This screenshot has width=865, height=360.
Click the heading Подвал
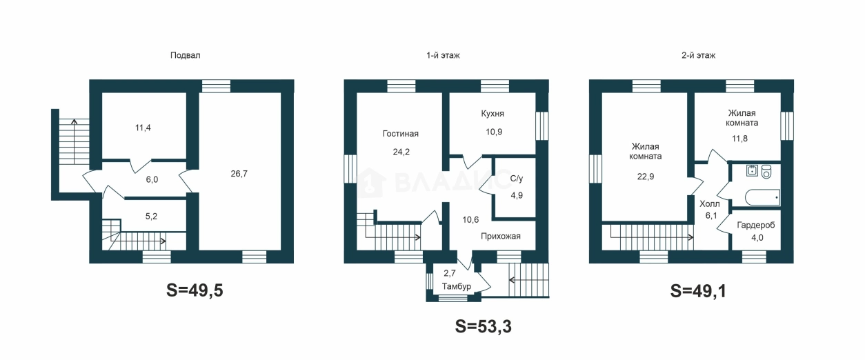pyautogui.click(x=186, y=56)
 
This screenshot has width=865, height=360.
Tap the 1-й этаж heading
pyautogui.click(x=443, y=56)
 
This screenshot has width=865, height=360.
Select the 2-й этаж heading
pyautogui.click(x=698, y=56)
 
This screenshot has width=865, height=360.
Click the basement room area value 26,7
pyautogui.click(x=239, y=174)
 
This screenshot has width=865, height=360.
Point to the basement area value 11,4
pyautogui.click(x=143, y=128)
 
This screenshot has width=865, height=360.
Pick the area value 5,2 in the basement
pyautogui.click(x=151, y=217)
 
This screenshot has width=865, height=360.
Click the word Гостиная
pyautogui.click(x=401, y=134)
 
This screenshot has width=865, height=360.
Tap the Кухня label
pyautogui.click(x=493, y=114)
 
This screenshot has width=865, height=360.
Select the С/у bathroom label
pyautogui.click(x=516, y=179)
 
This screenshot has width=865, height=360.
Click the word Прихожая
pyautogui.click(x=501, y=236)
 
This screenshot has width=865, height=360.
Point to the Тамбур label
pyautogui.click(x=457, y=287)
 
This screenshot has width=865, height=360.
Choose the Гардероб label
pyautogui.click(x=756, y=226)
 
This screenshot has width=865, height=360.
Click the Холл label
pyautogui.click(x=710, y=203)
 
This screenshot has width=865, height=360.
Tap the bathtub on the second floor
pyautogui.click(x=762, y=197)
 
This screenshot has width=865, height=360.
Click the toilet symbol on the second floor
pyautogui.click(x=766, y=172)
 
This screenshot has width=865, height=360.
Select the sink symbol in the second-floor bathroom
pyautogui.click(x=752, y=170)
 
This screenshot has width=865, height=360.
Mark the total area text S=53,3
pyautogui.click(x=483, y=326)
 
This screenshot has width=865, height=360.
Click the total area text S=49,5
pyautogui.click(x=195, y=290)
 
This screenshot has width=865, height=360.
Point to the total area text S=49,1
pyautogui.click(x=698, y=291)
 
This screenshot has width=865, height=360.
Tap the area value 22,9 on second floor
pyautogui.click(x=645, y=177)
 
